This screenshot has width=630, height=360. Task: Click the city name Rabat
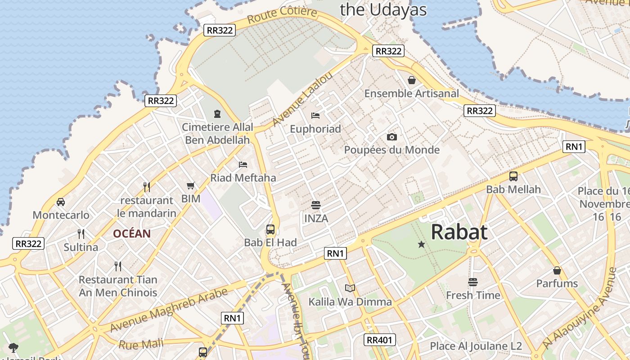pos(459,232)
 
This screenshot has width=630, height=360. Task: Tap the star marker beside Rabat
pos(421,244)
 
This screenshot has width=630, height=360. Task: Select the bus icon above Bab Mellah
pos(513,176)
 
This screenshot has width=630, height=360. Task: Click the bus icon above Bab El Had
pos(270,229)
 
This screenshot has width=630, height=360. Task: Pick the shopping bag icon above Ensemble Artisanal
pos(411,81)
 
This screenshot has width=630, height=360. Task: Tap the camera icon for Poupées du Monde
pos(392,137)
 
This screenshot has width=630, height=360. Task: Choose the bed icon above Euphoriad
pos(315,116)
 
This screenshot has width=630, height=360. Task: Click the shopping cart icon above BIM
pos(191,185)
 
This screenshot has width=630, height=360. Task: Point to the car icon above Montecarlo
pos(61,202)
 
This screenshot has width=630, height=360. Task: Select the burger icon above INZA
pos(316,206)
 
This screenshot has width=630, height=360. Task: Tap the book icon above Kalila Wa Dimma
pos(350,288)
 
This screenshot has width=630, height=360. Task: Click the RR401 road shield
pos(380,340)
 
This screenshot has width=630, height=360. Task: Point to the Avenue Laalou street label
pos(302,99)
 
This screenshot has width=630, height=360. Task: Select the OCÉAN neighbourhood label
pos(132,234)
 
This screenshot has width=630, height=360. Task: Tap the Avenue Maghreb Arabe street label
pos(169,310)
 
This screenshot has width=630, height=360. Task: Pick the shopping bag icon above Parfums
pos(557,270)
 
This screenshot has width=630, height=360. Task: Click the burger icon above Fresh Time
pos(472,282)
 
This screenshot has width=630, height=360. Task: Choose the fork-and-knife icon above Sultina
pos(81,234)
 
